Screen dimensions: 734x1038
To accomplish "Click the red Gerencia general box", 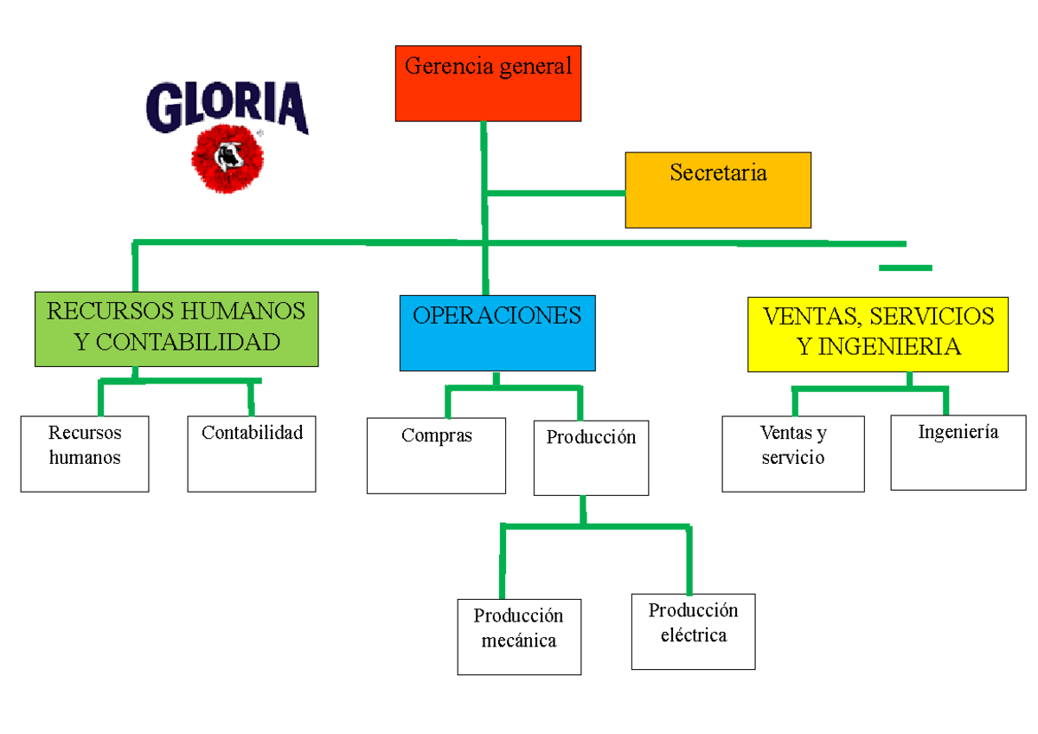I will click(488, 83).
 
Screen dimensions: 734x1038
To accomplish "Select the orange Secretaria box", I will click(718, 190).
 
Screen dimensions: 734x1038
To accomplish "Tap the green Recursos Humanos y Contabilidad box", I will click(176, 328).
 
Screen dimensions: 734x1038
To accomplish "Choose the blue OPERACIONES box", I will click(497, 333).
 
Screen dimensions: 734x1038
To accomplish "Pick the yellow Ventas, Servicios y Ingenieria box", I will click(878, 334).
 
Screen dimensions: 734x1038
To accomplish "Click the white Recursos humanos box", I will click(85, 454).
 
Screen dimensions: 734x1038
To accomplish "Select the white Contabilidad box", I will click(252, 454).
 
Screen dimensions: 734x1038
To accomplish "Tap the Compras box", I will click(436, 456).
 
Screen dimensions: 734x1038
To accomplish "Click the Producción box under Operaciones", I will click(591, 458).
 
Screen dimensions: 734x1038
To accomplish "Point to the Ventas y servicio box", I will click(793, 454).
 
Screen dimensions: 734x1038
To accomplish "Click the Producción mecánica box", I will click(519, 637).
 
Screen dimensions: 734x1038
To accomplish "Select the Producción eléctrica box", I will click(693, 632).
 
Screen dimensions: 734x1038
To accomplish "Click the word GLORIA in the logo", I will click(227, 107).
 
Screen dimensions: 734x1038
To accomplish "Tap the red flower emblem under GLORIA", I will click(227, 158).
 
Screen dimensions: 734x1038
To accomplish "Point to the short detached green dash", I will click(906, 268).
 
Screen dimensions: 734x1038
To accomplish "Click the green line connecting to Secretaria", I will click(555, 193).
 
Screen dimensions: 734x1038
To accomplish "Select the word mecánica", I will click(519, 641).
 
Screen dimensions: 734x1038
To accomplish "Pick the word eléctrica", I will click(694, 635).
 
